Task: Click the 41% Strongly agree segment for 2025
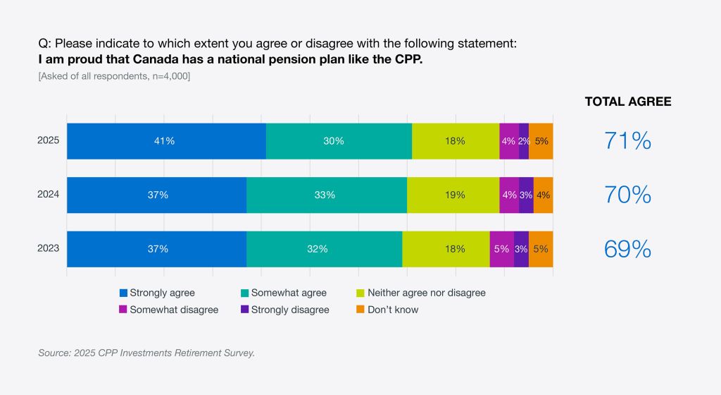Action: coord(166,141)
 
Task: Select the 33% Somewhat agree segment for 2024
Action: coord(326,195)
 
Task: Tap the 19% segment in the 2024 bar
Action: coord(453,195)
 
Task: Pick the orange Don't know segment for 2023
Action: coord(541,249)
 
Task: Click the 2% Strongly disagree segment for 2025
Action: coord(524,141)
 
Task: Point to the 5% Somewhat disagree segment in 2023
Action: coord(501,249)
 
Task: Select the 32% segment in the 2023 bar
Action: coord(324,249)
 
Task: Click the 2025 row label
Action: coord(49,140)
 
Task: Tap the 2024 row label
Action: coord(49,195)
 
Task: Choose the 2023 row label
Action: coord(49,248)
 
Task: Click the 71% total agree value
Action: coord(627,141)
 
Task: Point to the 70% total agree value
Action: coord(627,195)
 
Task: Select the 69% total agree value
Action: coord(627,249)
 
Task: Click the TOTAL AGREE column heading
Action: coord(628,102)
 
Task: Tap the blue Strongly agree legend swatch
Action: coord(124,293)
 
